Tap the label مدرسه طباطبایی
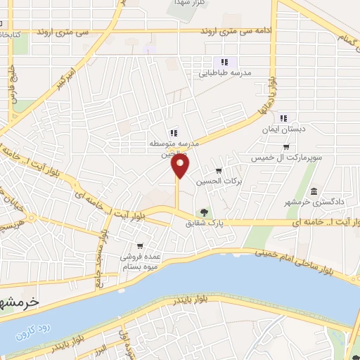(243, 72)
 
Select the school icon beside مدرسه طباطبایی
(224, 62)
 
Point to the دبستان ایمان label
(282, 129)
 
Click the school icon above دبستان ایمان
(283, 119)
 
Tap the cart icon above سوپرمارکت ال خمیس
(286, 147)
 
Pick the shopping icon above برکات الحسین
(219, 169)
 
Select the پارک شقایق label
(204, 224)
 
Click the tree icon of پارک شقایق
(204, 212)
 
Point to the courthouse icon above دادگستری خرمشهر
(314, 192)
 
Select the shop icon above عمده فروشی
(141, 245)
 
